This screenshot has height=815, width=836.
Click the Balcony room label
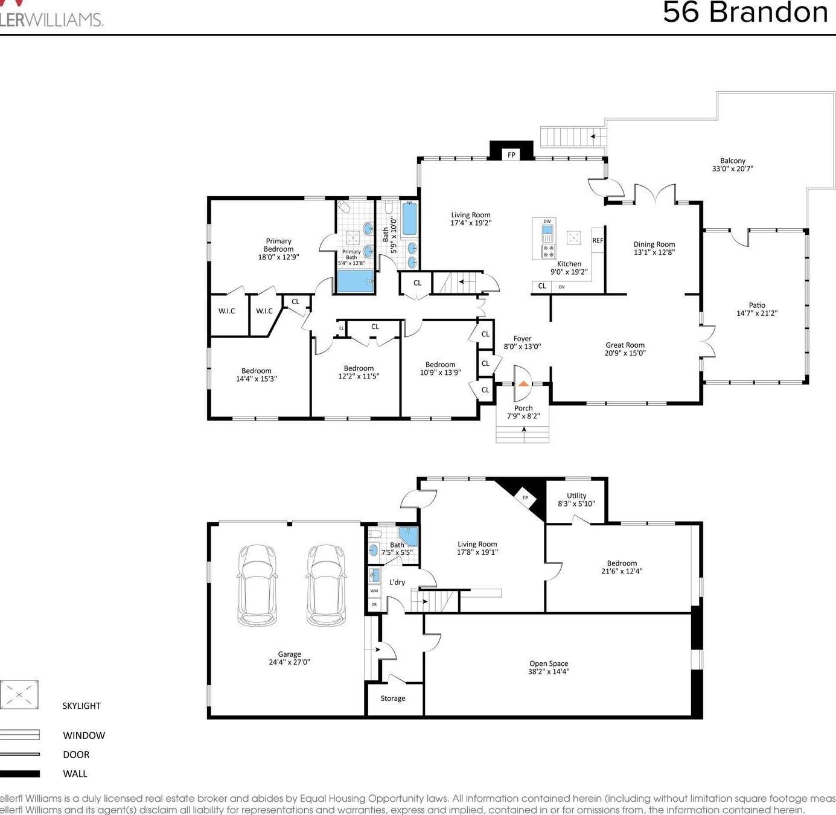(x=732, y=161)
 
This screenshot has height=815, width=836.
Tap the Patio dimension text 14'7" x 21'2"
(x=756, y=313)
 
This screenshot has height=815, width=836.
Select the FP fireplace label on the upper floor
(x=511, y=155)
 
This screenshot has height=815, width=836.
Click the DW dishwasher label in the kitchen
(x=547, y=222)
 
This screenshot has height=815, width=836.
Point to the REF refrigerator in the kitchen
(x=598, y=240)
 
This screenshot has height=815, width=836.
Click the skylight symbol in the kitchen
(x=573, y=237)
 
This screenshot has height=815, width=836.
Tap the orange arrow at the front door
(x=523, y=383)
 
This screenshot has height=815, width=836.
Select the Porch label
(x=523, y=408)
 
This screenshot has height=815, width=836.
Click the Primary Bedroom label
(x=278, y=245)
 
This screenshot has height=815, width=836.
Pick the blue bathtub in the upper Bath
(x=409, y=219)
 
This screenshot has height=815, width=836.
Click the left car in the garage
(x=257, y=585)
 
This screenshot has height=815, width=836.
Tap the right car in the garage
(x=326, y=585)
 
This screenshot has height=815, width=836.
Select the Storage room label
(x=393, y=698)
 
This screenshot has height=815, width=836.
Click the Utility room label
(x=576, y=496)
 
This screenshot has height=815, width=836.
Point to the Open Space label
(x=549, y=663)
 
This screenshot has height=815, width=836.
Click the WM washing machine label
(x=374, y=590)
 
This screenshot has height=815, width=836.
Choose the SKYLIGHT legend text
(x=81, y=706)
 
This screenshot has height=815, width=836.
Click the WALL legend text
(x=75, y=773)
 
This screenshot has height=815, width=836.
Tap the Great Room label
(x=625, y=345)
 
